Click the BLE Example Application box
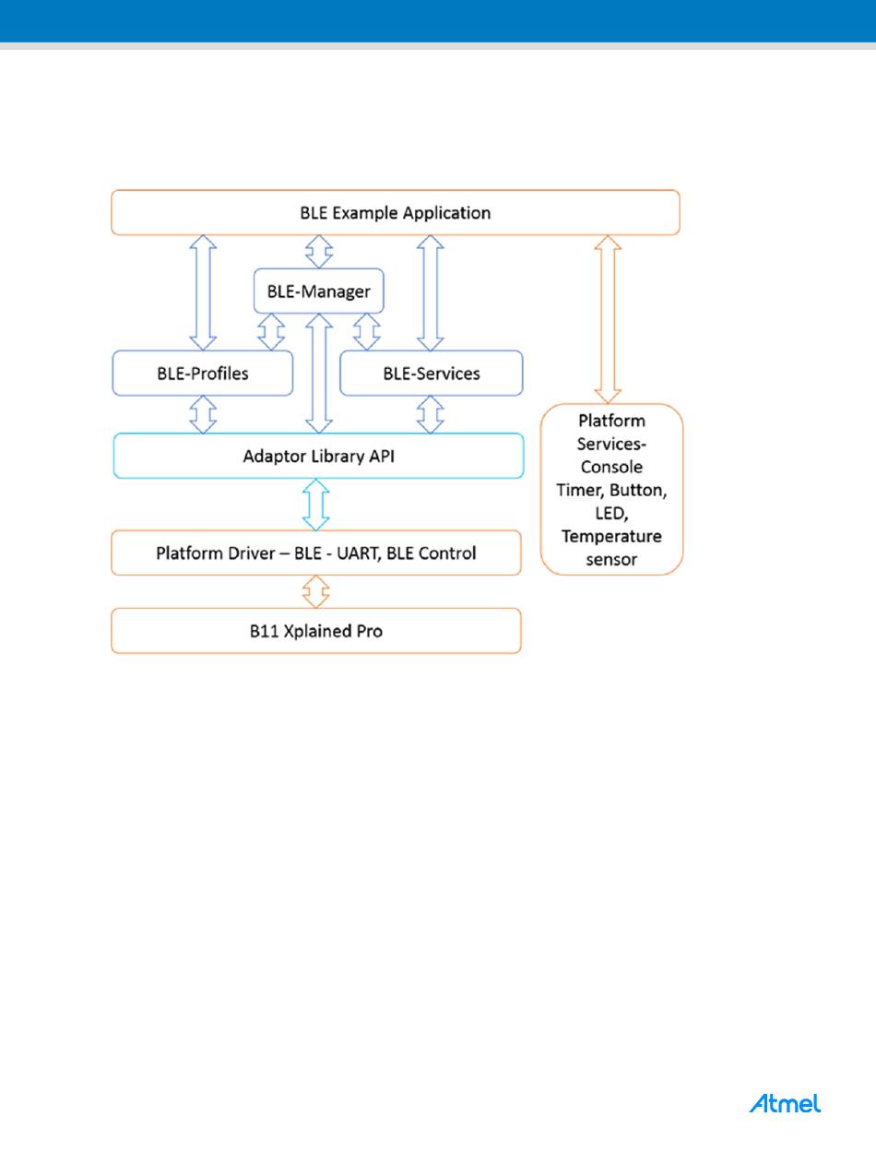[x=395, y=213]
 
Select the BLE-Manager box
[x=318, y=291]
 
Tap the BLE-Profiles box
[x=202, y=374]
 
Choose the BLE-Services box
[x=432, y=374]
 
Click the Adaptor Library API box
[x=318, y=456]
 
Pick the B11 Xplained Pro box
[x=316, y=631]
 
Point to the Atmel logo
[x=785, y=1103]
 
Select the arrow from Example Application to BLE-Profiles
[x=202, y=292]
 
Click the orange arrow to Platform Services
[x=610, y=319]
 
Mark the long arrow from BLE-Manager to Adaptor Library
[x=318, y=373]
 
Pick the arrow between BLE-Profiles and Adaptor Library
[x=202, y=415]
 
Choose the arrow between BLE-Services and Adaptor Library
[x=431, y=415]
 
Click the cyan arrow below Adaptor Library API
[x=316, y=505]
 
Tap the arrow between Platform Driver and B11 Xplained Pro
[x=316, y=591]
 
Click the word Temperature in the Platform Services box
[x=611, y=537]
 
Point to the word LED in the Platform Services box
[x=611, y=513]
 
